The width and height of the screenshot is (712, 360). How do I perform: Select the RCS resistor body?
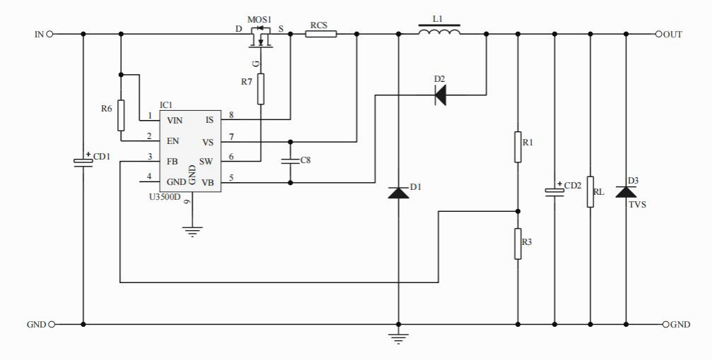pos(321,33)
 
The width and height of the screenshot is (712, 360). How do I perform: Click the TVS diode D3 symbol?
pos(626,191)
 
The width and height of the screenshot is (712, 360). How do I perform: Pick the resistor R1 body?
pos(518,145)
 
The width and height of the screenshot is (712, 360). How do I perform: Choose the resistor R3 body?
pos(518,244)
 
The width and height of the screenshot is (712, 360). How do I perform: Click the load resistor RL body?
pos(590,192)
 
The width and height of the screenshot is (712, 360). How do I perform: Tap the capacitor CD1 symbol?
pos(83,162)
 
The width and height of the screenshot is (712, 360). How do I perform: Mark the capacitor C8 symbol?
pos(290,161)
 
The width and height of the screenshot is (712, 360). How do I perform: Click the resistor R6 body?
pos(121,115)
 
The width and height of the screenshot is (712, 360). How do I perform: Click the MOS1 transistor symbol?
pos(261,37)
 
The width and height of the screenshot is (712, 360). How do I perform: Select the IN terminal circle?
pos(49,33)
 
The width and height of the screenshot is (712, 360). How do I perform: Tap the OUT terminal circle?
pos(658,33)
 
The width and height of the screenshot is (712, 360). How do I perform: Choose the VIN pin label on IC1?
pos(174,120)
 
